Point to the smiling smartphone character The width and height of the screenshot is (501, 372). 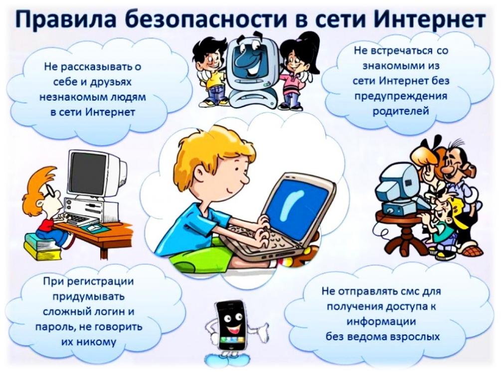coord(231,324)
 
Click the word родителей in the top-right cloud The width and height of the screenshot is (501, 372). coord(401,110)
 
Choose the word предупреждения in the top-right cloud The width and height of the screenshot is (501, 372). coord(401,95)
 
